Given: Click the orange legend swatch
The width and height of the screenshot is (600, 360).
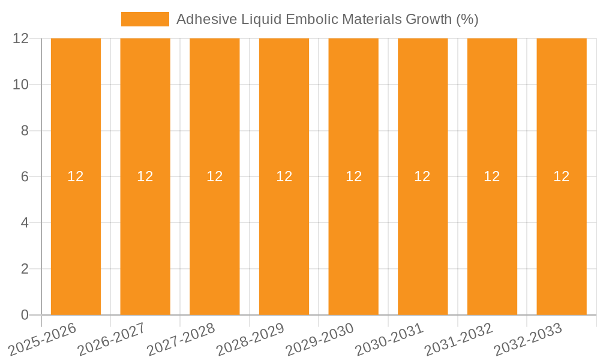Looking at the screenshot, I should [145, 19].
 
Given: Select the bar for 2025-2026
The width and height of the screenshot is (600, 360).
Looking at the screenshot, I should [76, 240].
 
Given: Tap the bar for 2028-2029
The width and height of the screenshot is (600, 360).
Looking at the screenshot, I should [284, 240].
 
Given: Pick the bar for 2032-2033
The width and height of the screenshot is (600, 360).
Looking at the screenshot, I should [562, 240].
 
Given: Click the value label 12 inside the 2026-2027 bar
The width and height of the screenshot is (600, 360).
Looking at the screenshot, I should [145, 176].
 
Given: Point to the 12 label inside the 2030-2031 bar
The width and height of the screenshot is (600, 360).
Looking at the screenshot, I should [422, 176].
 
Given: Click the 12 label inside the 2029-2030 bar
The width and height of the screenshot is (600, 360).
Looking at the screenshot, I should [353, 176].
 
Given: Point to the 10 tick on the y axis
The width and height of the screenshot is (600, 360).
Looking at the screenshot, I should [21, 85].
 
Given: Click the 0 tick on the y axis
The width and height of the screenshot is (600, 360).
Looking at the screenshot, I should [25, 315].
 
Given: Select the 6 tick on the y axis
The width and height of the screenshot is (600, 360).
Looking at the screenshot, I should [25, 176].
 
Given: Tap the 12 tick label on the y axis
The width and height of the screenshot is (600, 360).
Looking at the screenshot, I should [21, 38].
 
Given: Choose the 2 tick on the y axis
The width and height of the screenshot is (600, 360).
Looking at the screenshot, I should [25, 269].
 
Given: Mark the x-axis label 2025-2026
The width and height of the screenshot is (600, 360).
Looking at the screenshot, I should [43, 340].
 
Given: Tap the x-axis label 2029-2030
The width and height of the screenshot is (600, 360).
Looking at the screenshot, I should [320, 340].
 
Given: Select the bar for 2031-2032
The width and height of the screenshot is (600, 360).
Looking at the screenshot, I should [492, 240].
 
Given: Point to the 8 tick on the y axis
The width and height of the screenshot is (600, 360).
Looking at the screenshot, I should [25, 131].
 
